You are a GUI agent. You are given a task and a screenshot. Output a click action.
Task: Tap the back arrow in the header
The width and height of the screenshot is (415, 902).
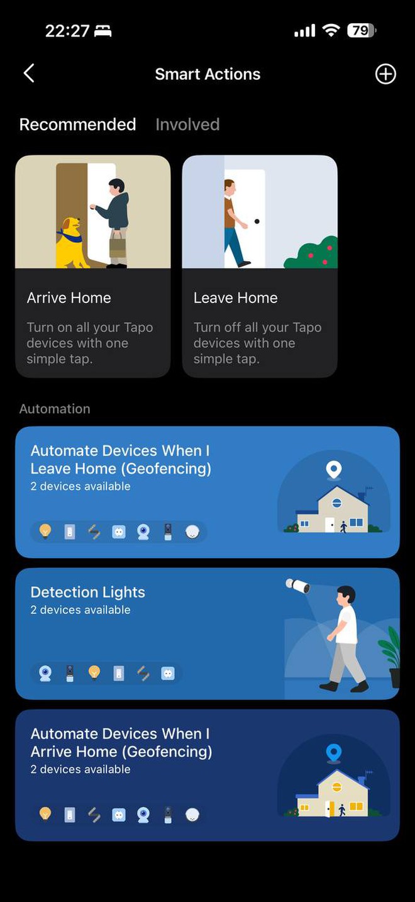click(x=29, y=74)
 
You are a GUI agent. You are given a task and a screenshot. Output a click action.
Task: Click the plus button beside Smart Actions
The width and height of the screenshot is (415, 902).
click(x=385, y=74)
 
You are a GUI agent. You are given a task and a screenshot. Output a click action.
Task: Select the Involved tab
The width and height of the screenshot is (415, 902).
click(x=187, y=125)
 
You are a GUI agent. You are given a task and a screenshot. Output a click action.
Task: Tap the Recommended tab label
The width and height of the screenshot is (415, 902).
click(x=78, y=125)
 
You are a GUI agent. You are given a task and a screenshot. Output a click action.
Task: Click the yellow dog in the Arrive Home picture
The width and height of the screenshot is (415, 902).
click(x=70, y=243)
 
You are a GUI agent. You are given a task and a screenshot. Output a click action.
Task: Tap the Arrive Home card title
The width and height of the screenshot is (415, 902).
click(x=69, y=298)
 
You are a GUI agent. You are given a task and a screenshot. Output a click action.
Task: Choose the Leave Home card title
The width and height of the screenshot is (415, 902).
click(x=235, y=298)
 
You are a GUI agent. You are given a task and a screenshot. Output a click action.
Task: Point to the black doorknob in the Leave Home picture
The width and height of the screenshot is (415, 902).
click(x=257, y=221)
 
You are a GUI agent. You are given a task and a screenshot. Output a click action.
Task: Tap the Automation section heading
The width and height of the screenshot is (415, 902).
click(x=55, y=409)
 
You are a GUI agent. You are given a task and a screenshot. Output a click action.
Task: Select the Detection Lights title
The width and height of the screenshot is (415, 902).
click(x=88, y=592)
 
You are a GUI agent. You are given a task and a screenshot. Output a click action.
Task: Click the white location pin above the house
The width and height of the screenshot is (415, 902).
click(x=334, y=469)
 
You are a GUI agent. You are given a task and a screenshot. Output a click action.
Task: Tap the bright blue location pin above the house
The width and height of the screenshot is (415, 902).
click(x=334, y=752)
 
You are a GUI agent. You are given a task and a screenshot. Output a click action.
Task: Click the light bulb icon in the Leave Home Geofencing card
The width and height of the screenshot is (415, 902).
click(x=45, y=531)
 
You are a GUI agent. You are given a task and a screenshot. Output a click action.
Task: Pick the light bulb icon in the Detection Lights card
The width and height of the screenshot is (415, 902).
click(x=94, y=672)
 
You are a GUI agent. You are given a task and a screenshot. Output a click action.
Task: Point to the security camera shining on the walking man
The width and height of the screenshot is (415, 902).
click(x=298, y=586)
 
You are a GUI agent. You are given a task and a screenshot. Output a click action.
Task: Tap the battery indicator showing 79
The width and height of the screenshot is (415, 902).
click(x=362, y=31)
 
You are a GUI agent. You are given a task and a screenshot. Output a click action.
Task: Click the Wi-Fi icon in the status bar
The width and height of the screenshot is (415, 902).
click(x=331, y=31)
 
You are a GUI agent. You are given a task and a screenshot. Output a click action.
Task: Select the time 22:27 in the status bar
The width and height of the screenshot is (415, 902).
click(x=67, y=31)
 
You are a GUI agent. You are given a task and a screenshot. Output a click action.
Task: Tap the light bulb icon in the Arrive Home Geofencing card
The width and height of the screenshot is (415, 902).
click(x=45, y=814)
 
